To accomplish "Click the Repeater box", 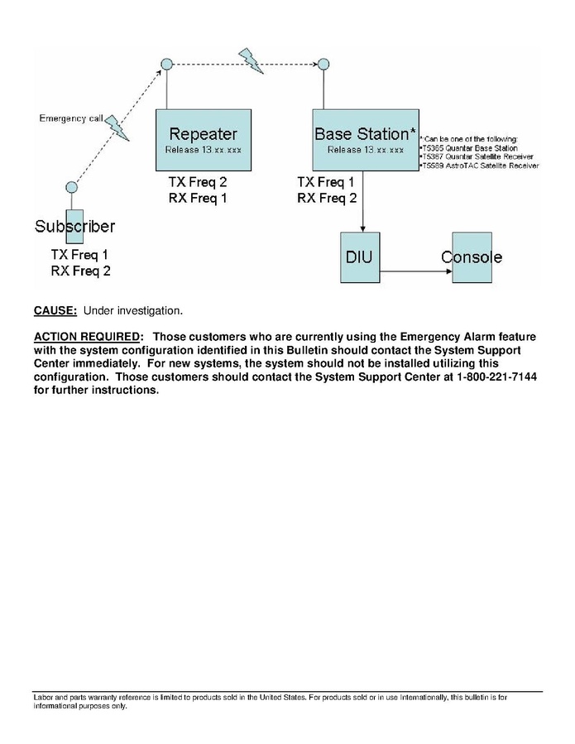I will [203, 140].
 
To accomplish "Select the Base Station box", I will [365, 140].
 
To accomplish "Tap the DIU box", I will [358, 257].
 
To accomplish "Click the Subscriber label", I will [74, 226].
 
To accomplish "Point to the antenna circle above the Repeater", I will [166, 64].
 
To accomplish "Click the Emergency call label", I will [71, 118].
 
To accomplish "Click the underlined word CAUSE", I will [55, 311].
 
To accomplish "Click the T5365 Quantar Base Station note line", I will [470, 147].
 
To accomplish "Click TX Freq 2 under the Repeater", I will [197, 181].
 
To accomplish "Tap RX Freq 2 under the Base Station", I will [327, 198].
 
